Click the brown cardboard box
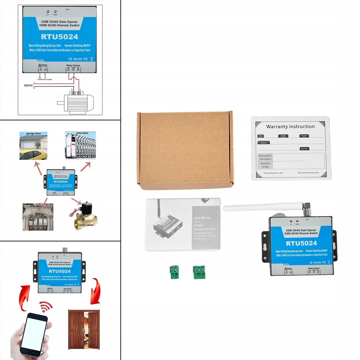(185, 150)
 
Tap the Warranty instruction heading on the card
(290, 127)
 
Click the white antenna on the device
(264, 207)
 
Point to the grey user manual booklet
(183, 224)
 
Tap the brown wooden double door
(84, 329)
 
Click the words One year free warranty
(308, 173)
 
